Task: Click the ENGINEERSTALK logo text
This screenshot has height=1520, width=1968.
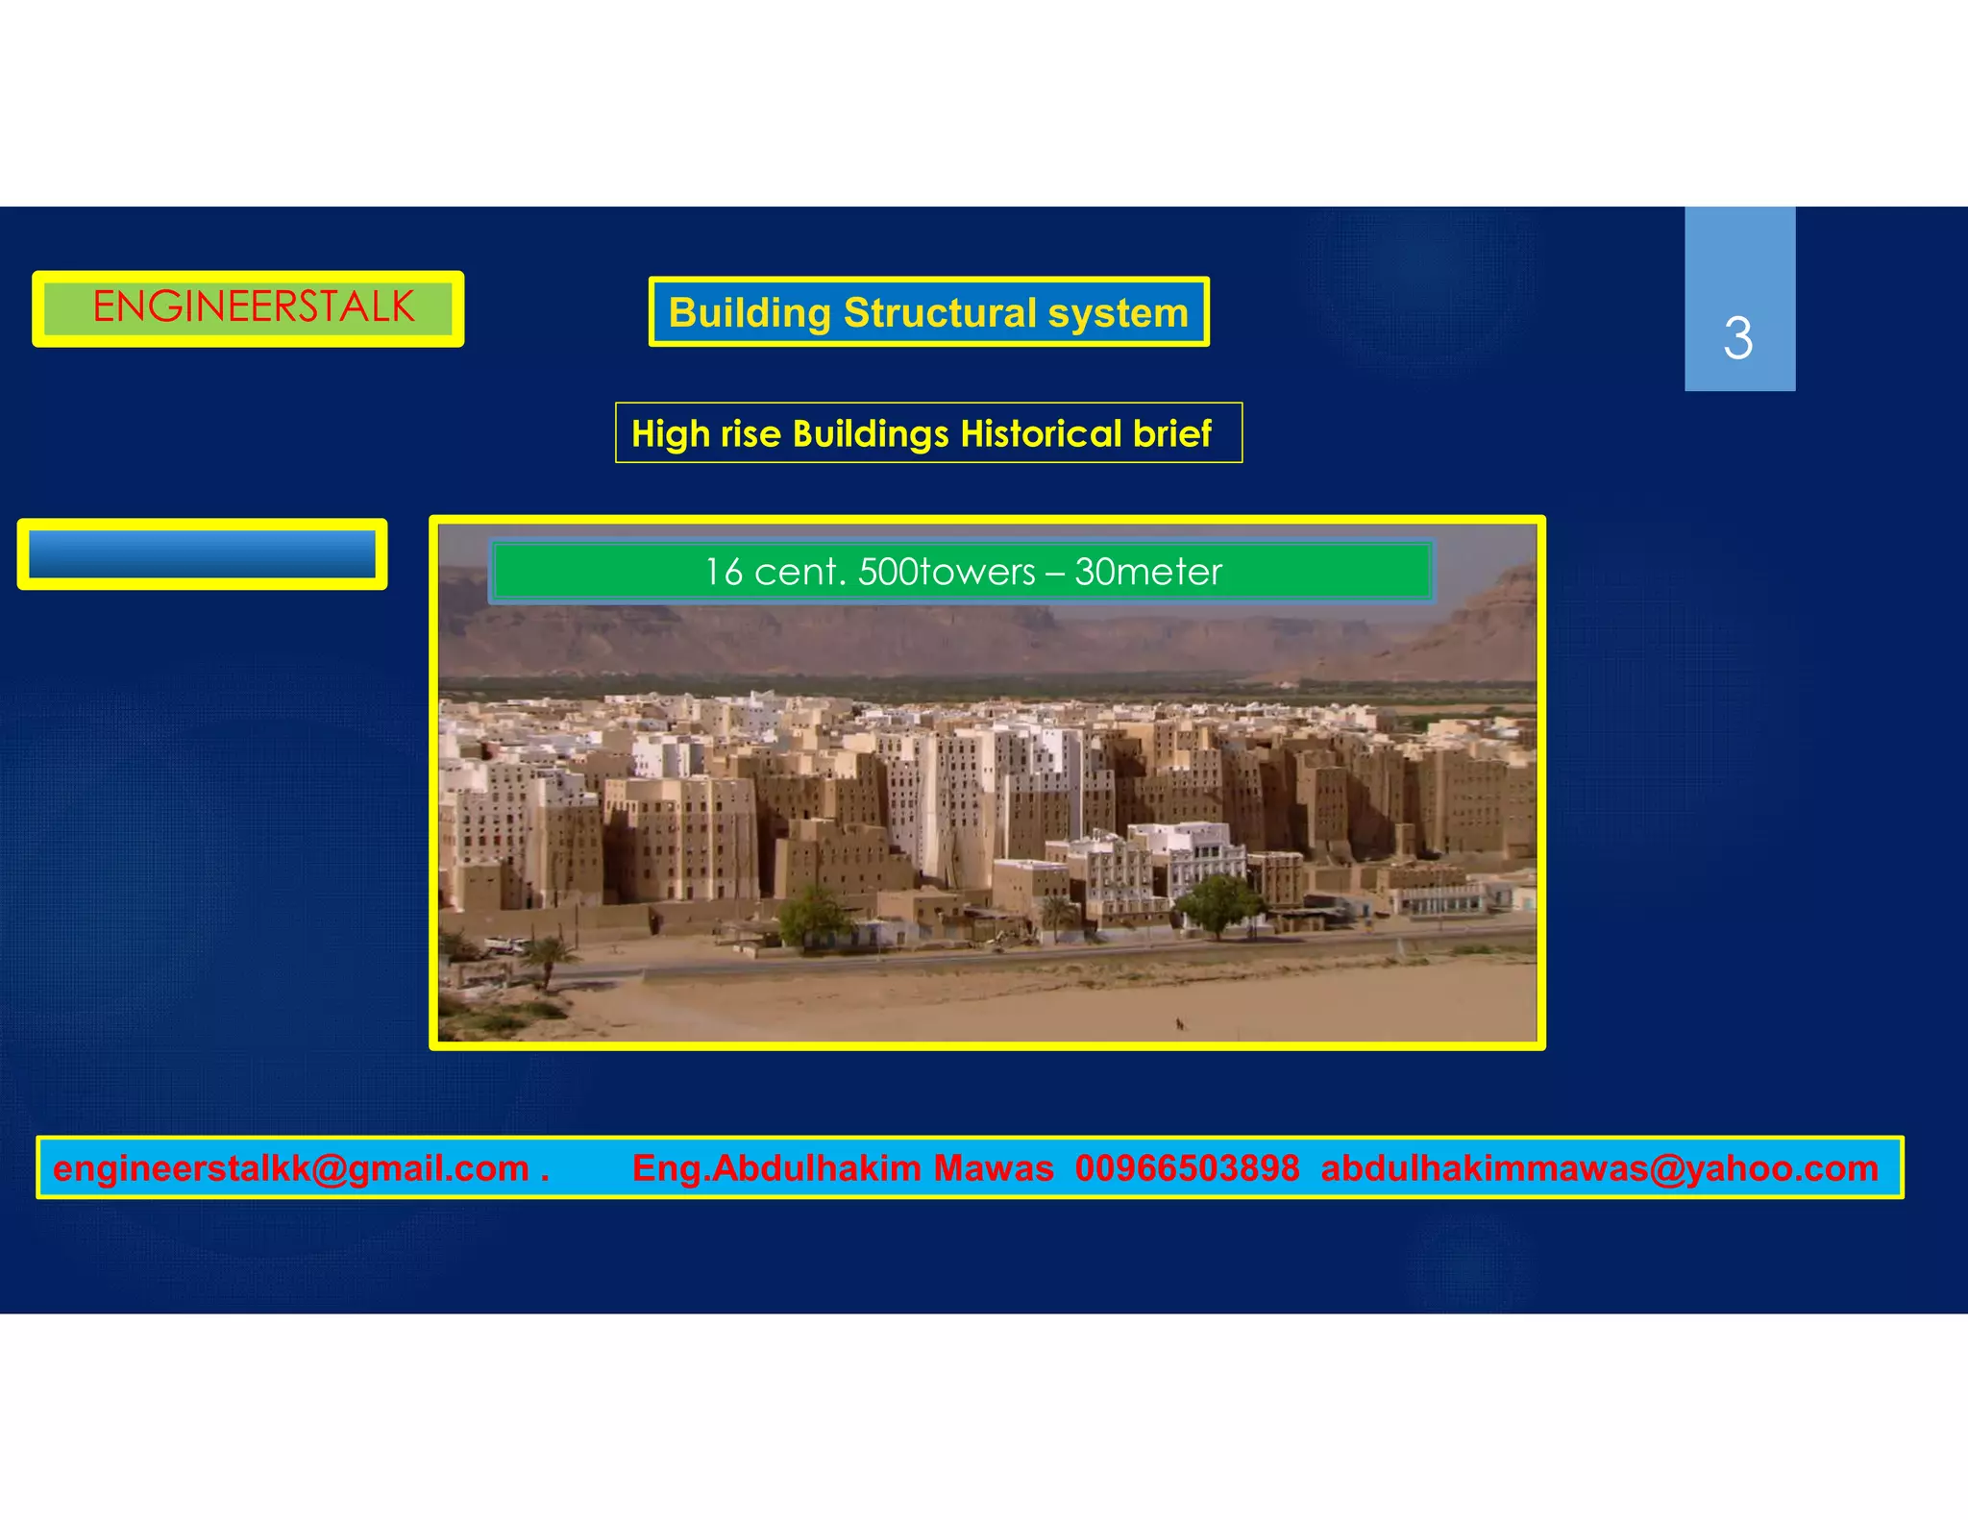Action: pos(253,307)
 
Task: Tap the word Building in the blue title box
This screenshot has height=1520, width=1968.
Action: pos(750,313)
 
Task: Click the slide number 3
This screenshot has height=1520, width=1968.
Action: pos(1737,338)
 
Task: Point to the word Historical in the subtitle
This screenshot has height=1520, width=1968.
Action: pos(1041,434)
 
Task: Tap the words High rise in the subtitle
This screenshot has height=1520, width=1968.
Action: pos(706,434)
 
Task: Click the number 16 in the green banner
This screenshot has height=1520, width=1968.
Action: pos(724,573)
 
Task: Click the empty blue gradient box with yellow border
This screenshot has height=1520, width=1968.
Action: pos(202,554)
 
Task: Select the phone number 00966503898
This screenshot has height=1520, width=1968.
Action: pos(1187,1168)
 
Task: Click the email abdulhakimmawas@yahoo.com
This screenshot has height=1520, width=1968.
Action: pos(1599,1168)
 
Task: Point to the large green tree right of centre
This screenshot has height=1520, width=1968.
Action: pos(1218,903)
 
